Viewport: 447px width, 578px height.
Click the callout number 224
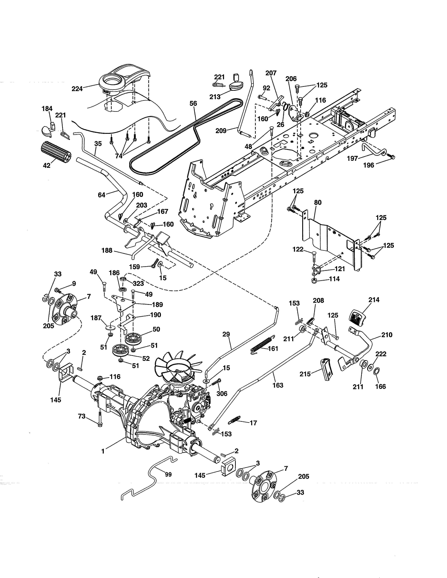(x=77, y=89)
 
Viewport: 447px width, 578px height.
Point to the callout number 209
(x=221, y=130)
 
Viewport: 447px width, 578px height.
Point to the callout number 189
(x=158, y=305)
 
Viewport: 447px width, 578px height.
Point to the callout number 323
(x=138, y=283)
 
